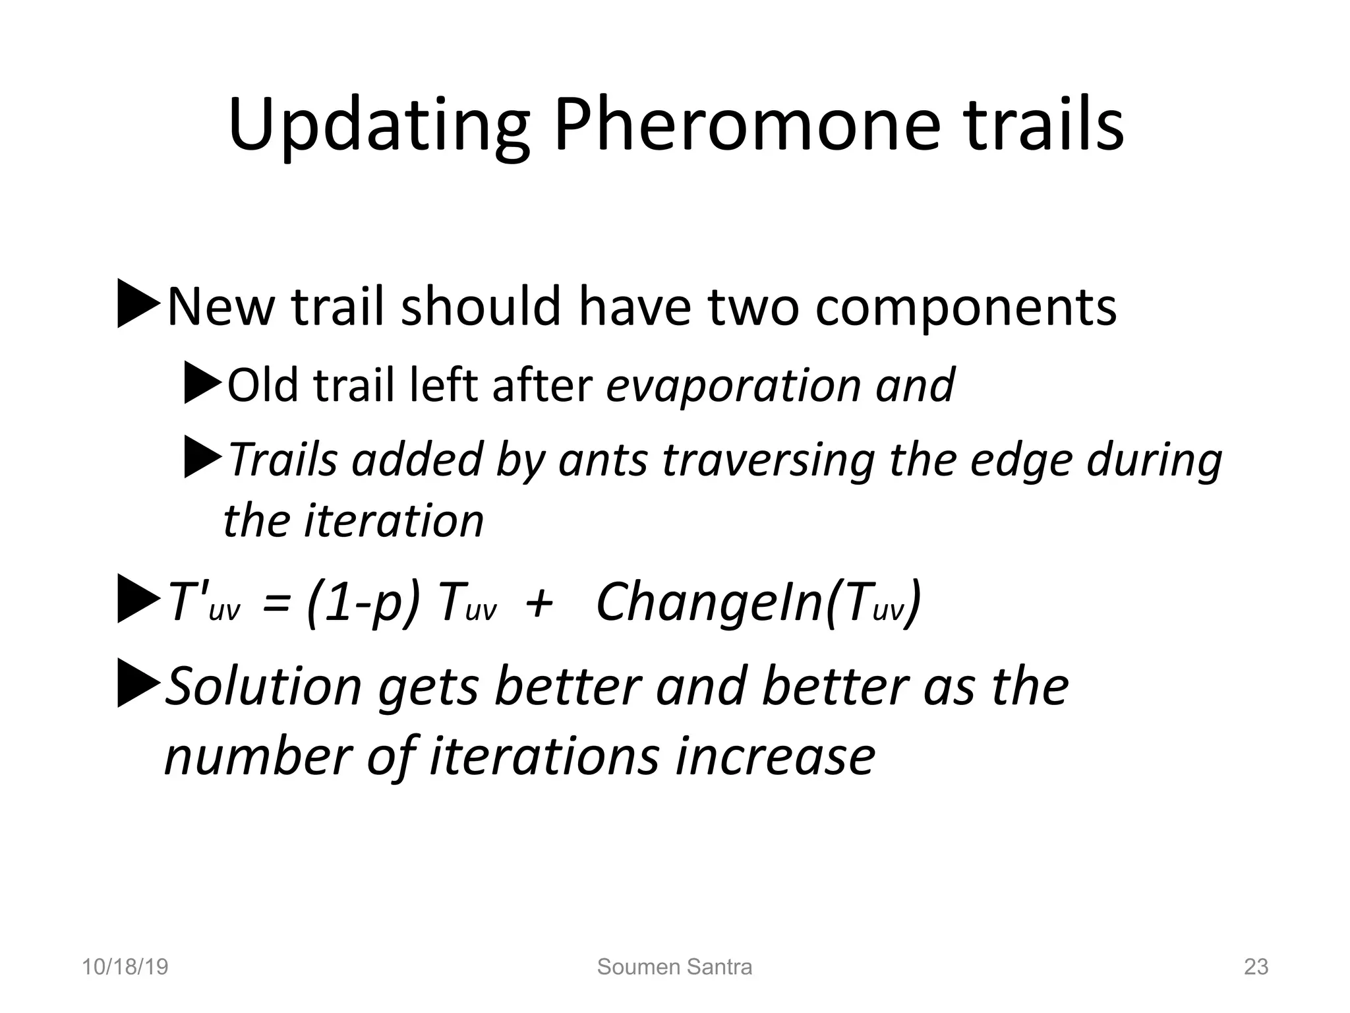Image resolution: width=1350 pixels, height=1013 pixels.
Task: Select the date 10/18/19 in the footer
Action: coord(125,967)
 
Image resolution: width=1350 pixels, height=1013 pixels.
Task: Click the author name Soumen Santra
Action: coord(674,967)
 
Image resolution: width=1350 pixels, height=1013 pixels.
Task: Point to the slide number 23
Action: coord(1256,967)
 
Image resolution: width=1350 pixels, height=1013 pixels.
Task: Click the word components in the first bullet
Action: coord(965,307)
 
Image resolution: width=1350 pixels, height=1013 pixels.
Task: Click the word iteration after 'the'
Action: coord(394,521)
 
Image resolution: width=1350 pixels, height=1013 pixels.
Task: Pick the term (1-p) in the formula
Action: coord(363,602)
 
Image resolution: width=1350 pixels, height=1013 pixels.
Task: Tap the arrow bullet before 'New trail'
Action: coord(138,304)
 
